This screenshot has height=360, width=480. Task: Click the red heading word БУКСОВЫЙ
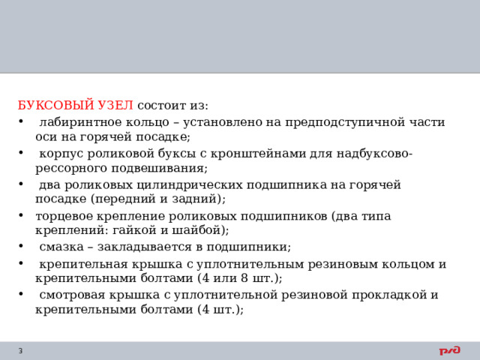(56, 104)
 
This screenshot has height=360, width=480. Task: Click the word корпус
(59, 154)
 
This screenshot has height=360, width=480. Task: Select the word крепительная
(79, 264)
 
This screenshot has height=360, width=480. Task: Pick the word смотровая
(70, 295)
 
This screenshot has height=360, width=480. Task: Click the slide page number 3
(20, 351)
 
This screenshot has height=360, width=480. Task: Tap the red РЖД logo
(449, 350)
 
